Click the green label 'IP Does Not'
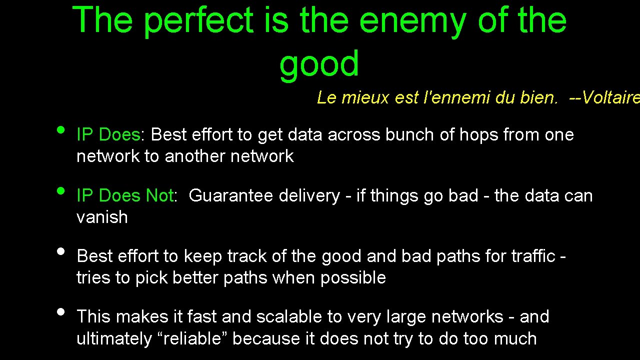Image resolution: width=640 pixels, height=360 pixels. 124,195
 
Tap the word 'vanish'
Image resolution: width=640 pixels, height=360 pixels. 102,217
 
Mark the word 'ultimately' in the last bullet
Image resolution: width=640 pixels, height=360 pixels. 114,338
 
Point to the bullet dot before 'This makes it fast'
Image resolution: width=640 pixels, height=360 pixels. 61,311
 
